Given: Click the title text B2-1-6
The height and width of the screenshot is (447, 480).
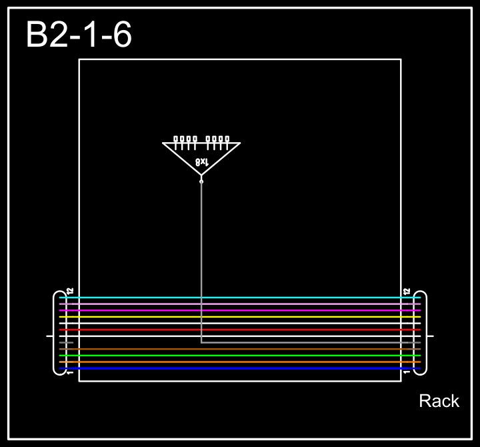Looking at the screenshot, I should tap(79, 35).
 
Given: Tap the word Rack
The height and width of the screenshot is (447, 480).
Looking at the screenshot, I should tap(439, 401).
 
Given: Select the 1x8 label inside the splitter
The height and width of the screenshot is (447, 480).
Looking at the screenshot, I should tap(202, 161).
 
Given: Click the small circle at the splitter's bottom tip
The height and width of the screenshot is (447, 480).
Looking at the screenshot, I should tap(201, 181).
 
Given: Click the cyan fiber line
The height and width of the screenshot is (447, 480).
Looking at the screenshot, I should tap(240, 298).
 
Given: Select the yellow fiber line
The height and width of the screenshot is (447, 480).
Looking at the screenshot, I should tap(240, 317).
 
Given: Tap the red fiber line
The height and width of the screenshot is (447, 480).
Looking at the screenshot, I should tap(240, 330).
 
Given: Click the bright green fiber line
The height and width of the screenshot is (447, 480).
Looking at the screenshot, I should tap(240, 356).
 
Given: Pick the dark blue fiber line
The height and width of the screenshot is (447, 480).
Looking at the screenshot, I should tap(240, 368).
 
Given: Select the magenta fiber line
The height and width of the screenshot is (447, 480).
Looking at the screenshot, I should tap(240, 310).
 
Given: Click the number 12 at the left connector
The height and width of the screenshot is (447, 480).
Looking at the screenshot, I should tap(70, 292).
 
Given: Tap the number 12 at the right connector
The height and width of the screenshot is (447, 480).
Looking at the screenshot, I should tap(407, 292).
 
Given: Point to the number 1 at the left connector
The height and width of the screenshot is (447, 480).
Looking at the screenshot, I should tap(70, 372).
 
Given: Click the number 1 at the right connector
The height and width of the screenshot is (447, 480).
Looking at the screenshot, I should tap(407, 372).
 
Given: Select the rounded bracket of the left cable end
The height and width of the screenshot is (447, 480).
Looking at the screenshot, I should tap(56, 333).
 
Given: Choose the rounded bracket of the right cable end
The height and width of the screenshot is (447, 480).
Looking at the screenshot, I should tap(424, 333).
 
